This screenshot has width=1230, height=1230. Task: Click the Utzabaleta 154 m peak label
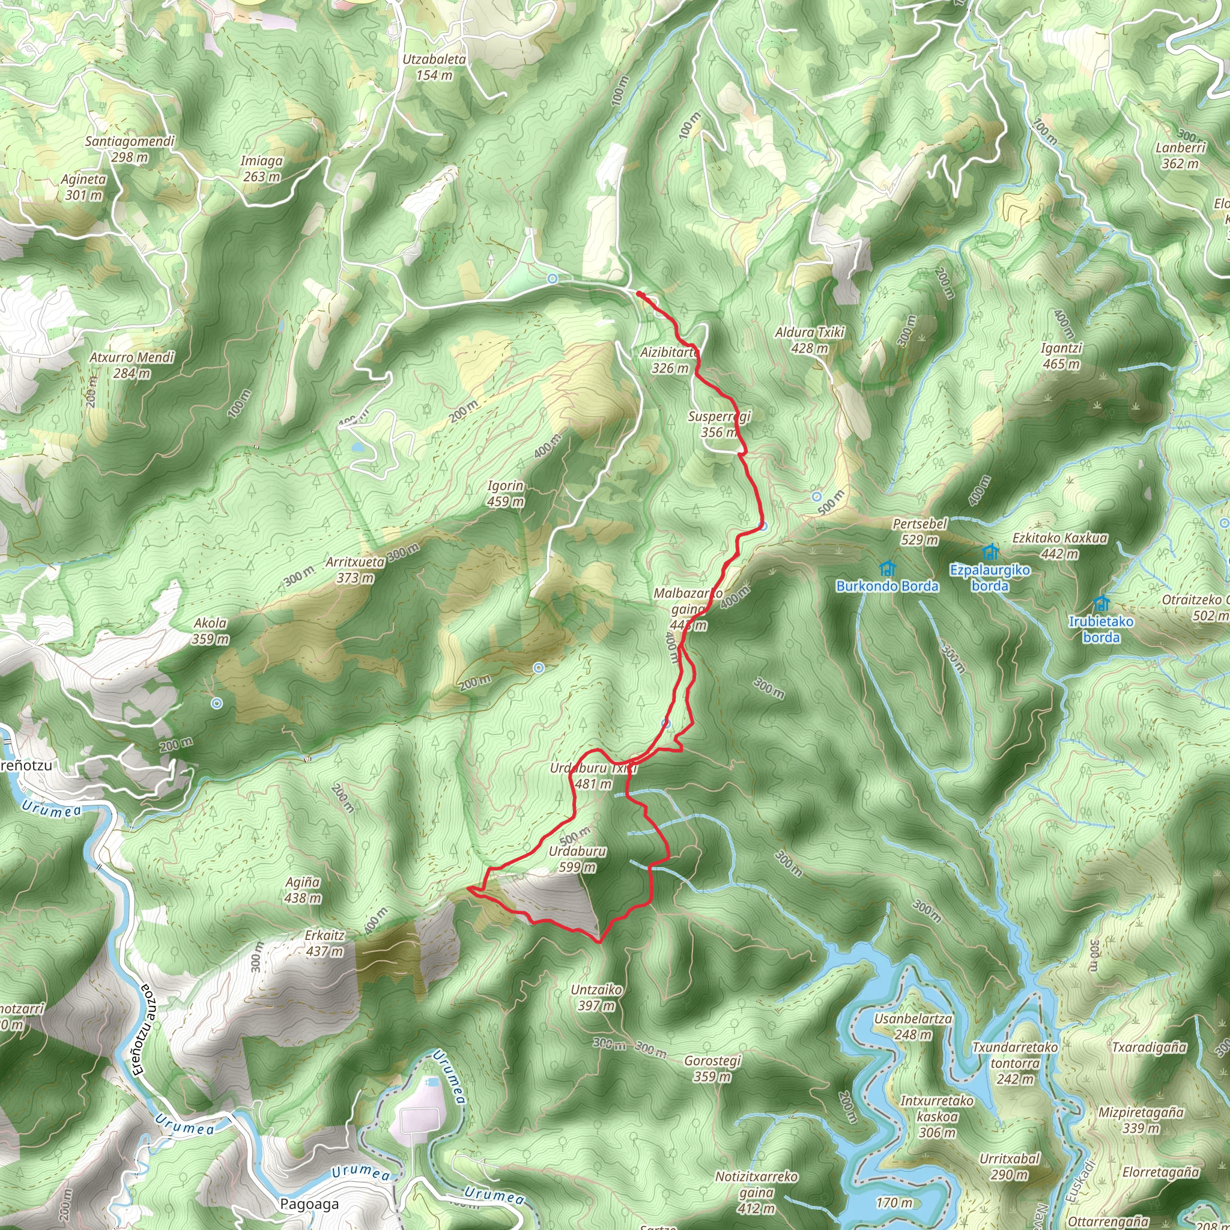click(434, 67)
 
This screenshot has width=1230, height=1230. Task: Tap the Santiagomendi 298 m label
click(130, 149)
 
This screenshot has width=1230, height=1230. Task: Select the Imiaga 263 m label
click(261, 169)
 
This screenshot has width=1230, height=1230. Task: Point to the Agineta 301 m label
click(83, 187)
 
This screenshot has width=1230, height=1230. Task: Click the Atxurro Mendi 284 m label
click(132, 365)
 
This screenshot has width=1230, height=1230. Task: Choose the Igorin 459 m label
click(506, 494)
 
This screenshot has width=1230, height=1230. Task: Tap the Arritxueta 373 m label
click(356, 570)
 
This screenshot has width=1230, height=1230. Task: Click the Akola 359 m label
click(210, 631)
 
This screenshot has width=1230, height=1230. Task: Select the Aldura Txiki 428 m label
click(810, 340)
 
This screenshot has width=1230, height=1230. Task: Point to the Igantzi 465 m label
click(1061, 356)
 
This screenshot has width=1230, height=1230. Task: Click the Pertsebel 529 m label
click(920, 532)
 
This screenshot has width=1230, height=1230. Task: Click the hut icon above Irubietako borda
click(1101, 602)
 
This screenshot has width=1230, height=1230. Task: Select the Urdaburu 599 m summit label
click(577, 859)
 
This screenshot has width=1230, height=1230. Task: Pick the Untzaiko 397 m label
click(596, 998)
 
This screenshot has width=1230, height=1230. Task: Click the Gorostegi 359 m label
click(712, 1069)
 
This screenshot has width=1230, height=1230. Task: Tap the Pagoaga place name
click(309, 1204)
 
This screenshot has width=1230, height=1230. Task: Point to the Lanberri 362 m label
click(1180, 156)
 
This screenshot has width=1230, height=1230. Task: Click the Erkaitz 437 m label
click(325, 943)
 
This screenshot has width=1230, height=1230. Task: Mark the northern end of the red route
click(638, 294)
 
